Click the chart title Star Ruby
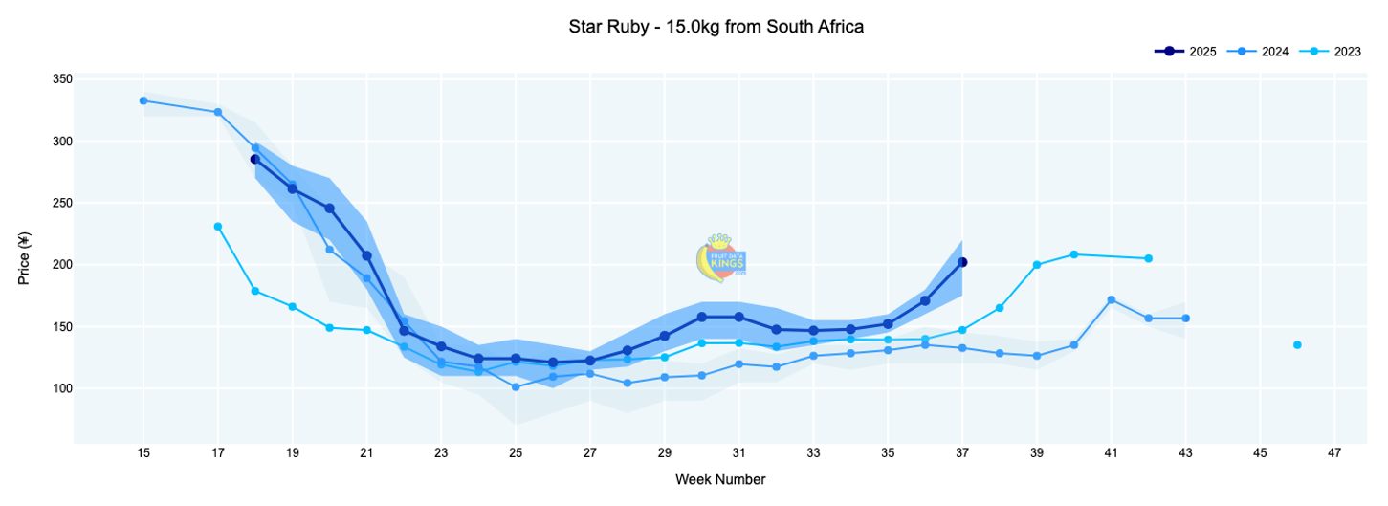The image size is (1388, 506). tap(716, 27)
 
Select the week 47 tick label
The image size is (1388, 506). tap(1334, 452)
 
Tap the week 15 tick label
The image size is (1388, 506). tap(143, 452)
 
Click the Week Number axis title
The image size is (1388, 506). tap(719, 479)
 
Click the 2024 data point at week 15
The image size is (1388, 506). tap(143, 100)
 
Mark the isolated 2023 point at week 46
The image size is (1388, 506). tap(1297, 345)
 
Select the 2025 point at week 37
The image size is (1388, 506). tap(962, 262)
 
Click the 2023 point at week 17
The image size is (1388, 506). tap(218, 227)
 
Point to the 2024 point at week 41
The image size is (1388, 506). tap(1111, 299)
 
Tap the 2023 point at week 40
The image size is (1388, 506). tap(1074, 254)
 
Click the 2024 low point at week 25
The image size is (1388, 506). tap(516, 387)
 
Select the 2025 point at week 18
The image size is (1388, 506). tap(255, 159)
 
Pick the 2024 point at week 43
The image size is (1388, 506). tap(1185, 318)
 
